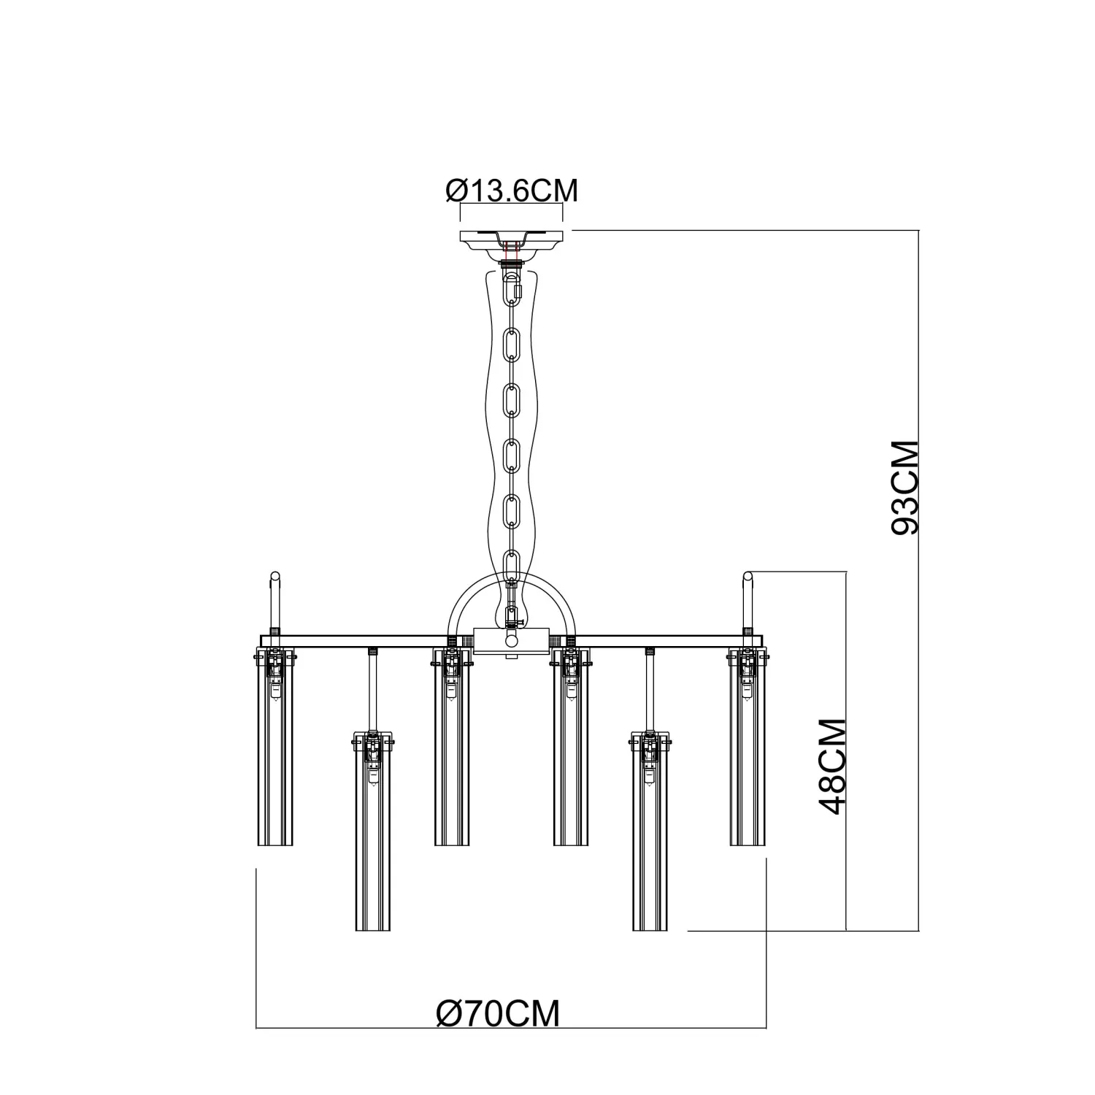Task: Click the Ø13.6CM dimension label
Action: click(511, 191)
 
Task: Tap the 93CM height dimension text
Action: click(905, 488)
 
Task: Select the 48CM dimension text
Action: click(833, 766)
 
